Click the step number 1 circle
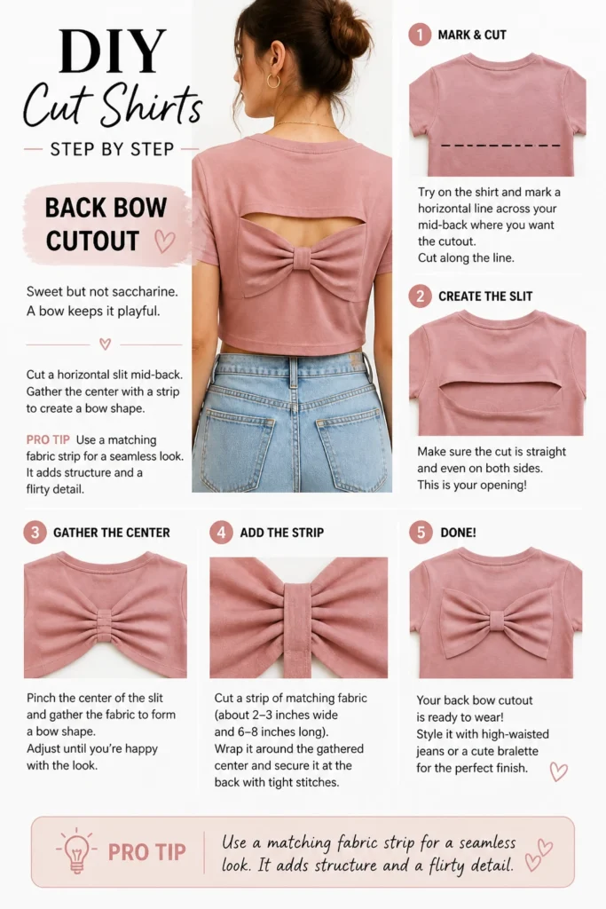pyautogui.click(x=420, y=35)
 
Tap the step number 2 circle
pyautogui.click(x=420, y=296)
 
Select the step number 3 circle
pyautogui.click(x=35, y=533)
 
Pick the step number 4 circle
pyautogui.click(x=221, y=533)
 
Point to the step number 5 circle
pyautogui.click(x=421, y=533)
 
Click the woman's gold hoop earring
pyautogui.click(x=273, y=81)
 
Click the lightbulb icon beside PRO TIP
pyautogui.click(x=76, y=850)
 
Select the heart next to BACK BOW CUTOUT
pyautogui.click(x=164, y=241)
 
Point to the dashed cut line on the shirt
pyautogui.click(x=500, y=145)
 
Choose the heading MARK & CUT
pyautogui.click(x=472, y=35)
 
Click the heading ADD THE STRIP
pyautogui.click(x=282, y=533)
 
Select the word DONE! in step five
pyautogui.click(x=458, y=533)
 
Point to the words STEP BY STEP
pyautogui.click(x=112, y=149)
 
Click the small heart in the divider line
pyautogui.click(x=105, y=344)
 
